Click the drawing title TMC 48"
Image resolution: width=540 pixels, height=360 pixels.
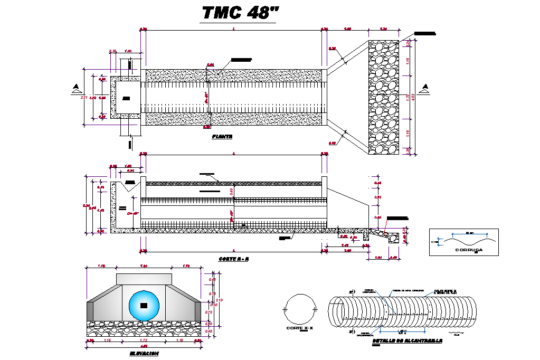click(239, 13)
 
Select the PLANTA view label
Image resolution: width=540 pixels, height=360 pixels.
click(222, 136)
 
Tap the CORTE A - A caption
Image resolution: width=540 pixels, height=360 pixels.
click(233, 259)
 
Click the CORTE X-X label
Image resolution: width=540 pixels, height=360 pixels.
click(299, 328)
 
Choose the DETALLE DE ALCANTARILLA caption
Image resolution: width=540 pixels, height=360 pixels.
click(407, 341)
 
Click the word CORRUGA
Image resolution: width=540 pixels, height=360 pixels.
click(468, 250)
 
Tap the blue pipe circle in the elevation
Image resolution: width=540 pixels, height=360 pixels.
click(144, 305)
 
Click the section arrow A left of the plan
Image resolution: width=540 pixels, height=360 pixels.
click(77, 88)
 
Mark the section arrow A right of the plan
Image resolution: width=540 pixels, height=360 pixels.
click(425, 88)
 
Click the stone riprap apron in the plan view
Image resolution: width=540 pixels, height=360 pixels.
click(384, 98)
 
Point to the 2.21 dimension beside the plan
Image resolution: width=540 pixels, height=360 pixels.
click(84, 98)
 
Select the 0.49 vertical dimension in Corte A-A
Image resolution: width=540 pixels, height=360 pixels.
click(231, 191)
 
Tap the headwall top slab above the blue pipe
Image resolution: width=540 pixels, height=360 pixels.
click(144, 279)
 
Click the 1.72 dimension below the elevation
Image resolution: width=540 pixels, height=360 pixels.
click(144, 341)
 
